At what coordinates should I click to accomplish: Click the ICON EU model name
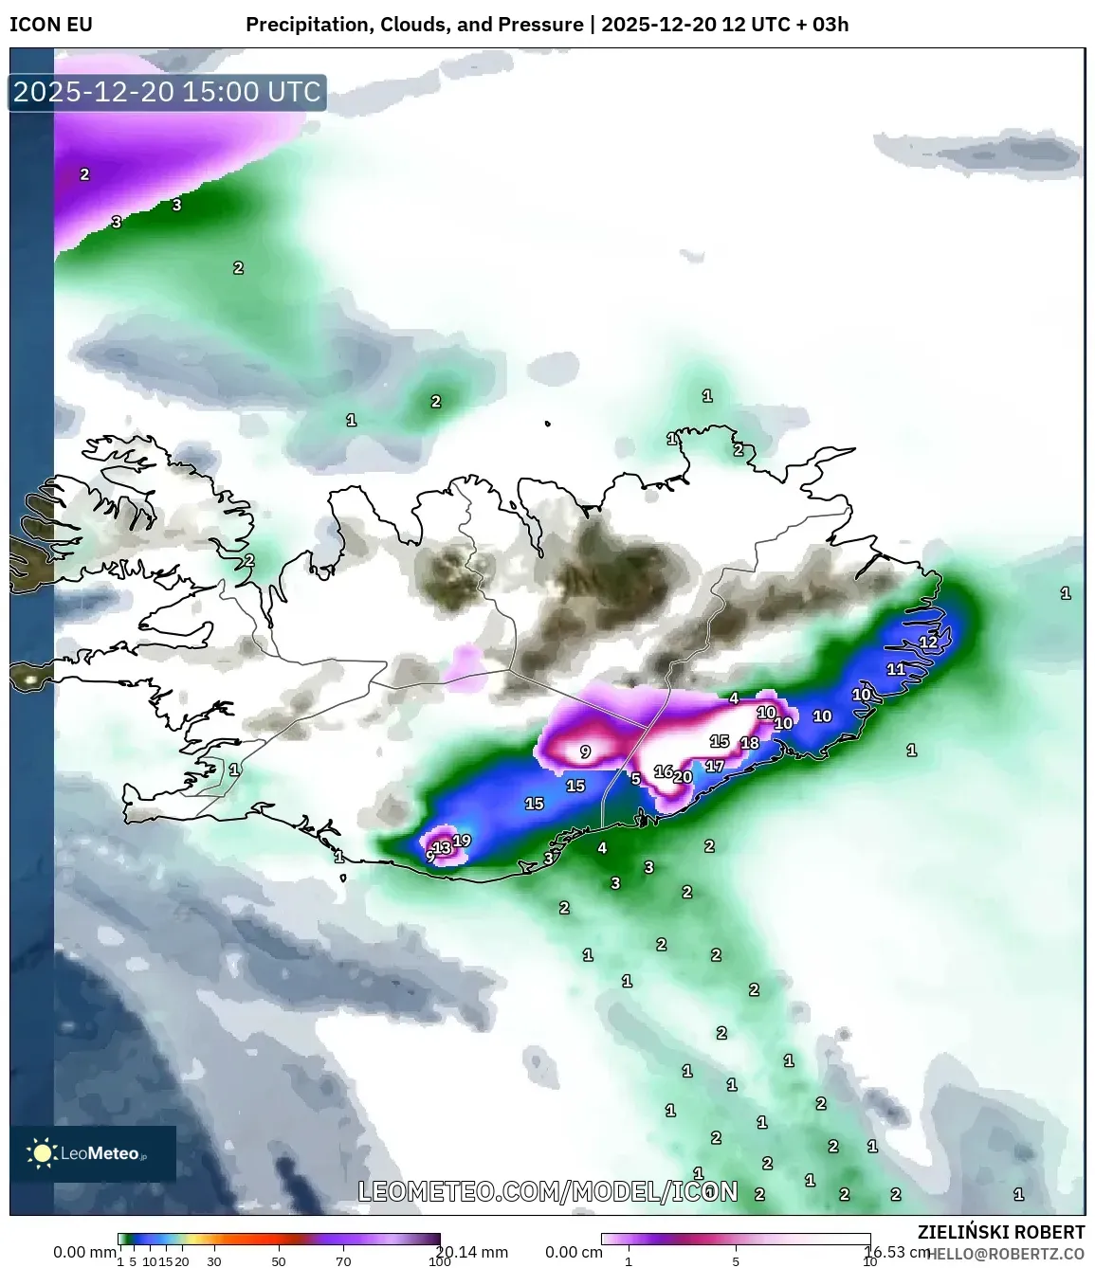[51, 25]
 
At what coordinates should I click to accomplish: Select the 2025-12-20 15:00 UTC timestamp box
[168, 93]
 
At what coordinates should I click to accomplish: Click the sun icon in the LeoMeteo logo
[42, 1153]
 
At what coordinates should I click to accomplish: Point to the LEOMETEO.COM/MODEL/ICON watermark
[548, 1191]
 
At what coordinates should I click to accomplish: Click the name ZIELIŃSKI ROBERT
[1001, 1232]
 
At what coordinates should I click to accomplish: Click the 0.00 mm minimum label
[84, 1252]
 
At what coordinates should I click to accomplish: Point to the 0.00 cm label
[574, 1252]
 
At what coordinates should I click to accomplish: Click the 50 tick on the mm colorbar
[279, 1261]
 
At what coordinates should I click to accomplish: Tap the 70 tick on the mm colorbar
[343, 1261]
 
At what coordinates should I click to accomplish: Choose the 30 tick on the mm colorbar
[214, 1261]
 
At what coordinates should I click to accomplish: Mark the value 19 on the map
[462, 841]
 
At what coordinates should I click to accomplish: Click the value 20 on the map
[683, 777]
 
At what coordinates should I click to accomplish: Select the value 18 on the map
[750, 743]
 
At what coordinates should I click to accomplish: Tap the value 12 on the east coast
[928, 642]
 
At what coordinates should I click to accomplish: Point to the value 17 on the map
[715, 766]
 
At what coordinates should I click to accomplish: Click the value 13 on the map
[442, 848]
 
